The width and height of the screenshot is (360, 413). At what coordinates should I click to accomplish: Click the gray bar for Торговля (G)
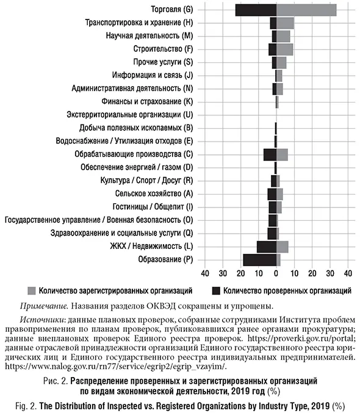[306, 10]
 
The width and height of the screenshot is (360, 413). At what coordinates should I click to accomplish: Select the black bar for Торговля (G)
[256, 10]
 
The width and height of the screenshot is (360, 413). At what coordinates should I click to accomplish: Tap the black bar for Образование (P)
[259, 260]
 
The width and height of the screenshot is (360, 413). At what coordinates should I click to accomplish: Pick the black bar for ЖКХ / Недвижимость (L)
[266, 246]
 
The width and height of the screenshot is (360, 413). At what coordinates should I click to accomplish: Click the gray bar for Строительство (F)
[284, 49]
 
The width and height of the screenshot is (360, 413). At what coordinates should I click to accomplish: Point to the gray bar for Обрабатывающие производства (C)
[282, 154]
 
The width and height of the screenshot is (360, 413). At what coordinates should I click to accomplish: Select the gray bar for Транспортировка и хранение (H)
[285, 23]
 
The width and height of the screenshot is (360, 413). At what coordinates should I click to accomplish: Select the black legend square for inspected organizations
[215, 290]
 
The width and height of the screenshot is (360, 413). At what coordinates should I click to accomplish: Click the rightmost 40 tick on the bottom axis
[348, 273]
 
